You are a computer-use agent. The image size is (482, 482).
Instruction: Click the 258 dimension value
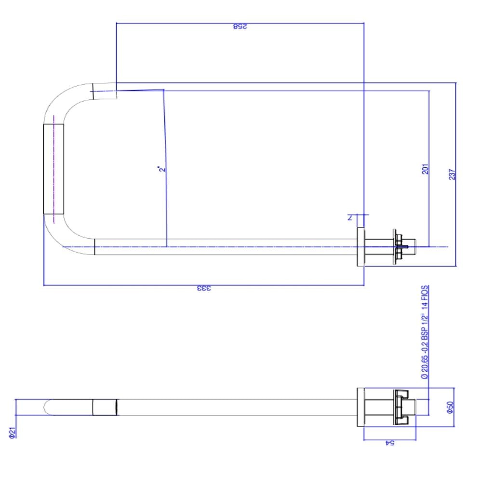(240, 27)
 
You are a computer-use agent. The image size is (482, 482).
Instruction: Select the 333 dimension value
(204, 289)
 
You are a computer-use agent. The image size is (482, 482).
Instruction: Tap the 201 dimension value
(425, 169)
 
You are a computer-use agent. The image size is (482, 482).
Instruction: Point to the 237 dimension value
(452, 174)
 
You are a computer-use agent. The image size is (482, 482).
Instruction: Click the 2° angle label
(161, 169)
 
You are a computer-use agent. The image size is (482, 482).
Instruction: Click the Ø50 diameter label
(450, 408)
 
